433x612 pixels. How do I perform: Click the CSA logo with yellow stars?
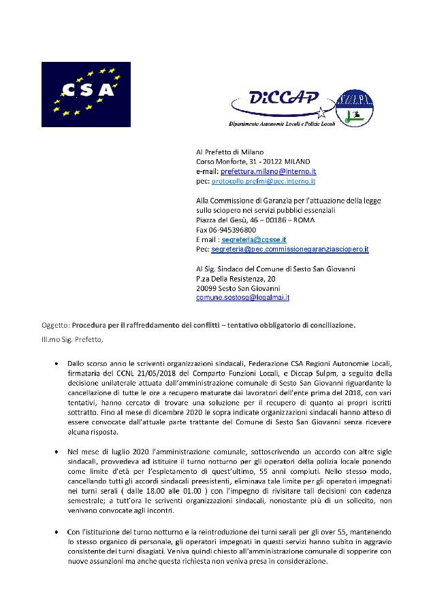pyautogui.click(x=86, y=95)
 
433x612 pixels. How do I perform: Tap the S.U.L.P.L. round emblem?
pyautogui.click(x=355, y=108)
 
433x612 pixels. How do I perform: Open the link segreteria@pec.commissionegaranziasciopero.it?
pyautogui.click(x=290, y=250)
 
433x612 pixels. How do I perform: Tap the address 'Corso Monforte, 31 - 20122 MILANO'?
pyautogui.click(x=253, y=162)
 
